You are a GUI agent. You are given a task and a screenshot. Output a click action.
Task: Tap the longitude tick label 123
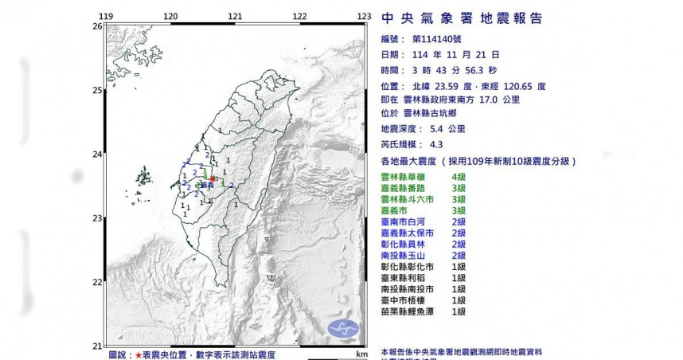pos(365,16)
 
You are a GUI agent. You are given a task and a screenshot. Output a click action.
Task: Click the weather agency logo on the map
pos(344,327)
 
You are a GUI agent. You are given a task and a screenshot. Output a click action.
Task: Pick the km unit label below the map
pos(362,353)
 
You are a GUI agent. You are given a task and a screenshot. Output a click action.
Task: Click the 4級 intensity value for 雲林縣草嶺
pos(459,176)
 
